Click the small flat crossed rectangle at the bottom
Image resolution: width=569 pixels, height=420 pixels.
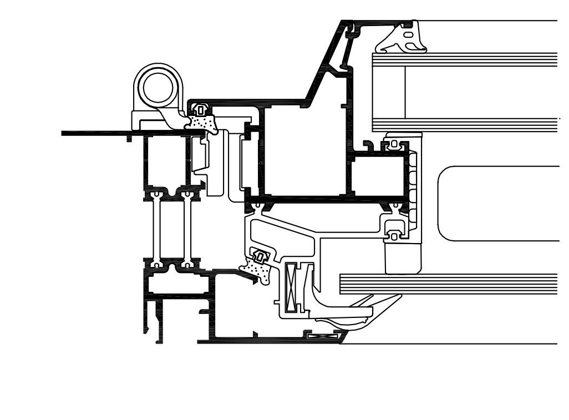click(x=322, y=335)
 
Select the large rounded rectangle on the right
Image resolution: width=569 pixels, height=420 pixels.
click(x=499, y=203)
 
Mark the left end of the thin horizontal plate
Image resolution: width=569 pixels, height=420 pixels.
click(x=64, y=133)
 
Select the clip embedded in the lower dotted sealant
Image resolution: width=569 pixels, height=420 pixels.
click(x=260, y=257)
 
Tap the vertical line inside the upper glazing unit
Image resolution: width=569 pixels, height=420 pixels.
click(x=405, y=92)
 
